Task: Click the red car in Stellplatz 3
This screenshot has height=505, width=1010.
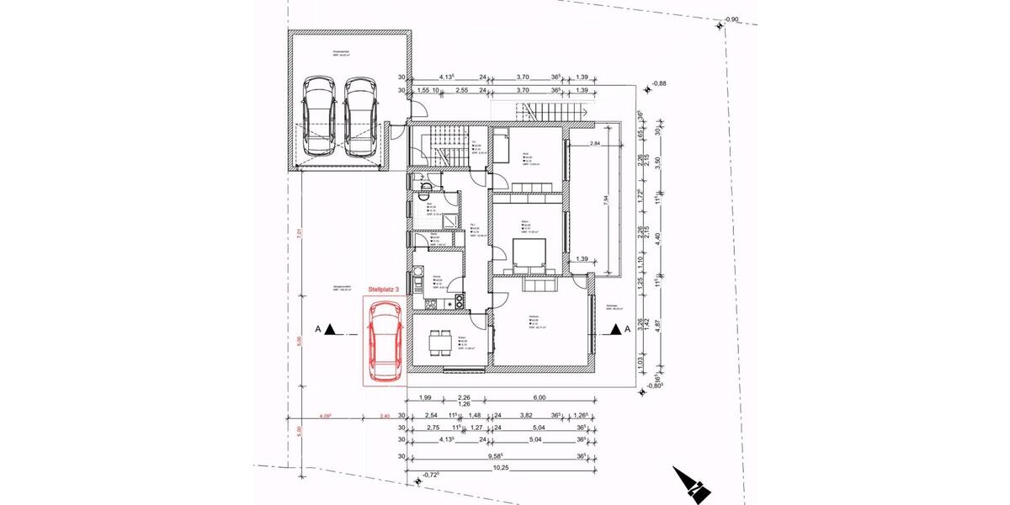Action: [385, 341]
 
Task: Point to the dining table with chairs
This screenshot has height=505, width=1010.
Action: [439, 343]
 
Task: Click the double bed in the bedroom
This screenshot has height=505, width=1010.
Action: [528, 253]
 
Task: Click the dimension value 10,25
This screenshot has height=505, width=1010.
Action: [501, 467]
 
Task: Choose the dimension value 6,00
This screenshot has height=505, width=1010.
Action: [540, 397]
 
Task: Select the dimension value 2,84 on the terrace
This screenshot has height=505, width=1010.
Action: [595, 144]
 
